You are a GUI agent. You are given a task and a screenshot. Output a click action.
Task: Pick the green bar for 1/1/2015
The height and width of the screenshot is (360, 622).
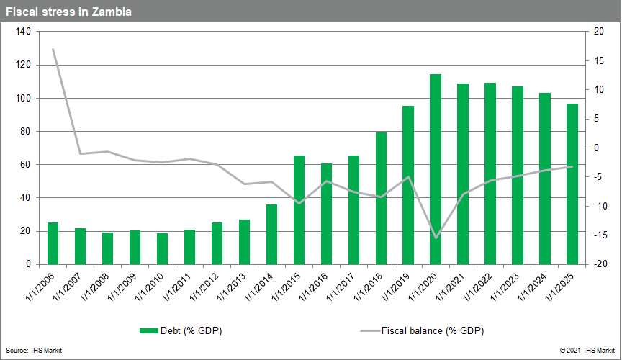pos(299,210)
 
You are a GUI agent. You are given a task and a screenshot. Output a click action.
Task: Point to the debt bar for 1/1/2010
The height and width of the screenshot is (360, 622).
pos(163,248)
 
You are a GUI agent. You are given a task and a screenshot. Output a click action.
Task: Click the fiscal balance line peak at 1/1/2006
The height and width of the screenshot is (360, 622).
pos(53,49)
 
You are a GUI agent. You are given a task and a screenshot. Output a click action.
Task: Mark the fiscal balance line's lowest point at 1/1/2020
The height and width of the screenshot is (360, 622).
pos(436,237)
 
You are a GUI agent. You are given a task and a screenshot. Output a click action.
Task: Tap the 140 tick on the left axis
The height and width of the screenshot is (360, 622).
pos(22,32)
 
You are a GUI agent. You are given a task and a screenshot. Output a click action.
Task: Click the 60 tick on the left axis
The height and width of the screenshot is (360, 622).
pos(24,165)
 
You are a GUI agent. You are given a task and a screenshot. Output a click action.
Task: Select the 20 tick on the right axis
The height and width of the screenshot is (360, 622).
pos(598,32)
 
